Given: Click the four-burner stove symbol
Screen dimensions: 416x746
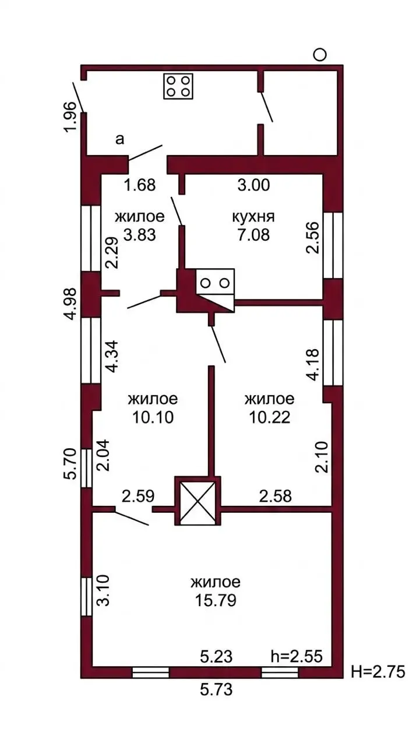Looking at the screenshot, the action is (178, 86).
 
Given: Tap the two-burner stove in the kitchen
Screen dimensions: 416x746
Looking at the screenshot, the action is (216, 282).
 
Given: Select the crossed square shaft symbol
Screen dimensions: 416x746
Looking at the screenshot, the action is (198, 501).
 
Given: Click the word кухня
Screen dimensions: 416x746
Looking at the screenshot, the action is (253, 217).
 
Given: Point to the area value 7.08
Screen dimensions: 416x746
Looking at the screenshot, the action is (253, 235).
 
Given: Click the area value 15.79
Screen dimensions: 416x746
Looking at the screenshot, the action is (216, 600).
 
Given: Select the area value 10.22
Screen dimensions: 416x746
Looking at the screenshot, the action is (269, 417).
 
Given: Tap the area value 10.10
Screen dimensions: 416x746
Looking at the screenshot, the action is (153, 417).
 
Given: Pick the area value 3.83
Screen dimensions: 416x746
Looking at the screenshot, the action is (140, 235).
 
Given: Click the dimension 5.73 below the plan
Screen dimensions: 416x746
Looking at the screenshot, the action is (216, 689).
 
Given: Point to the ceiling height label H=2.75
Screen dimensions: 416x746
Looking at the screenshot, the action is (378, 671).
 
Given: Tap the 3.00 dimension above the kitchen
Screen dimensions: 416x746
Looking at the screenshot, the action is (253, 185).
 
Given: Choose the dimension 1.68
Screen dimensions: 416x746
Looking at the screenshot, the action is (140, 185).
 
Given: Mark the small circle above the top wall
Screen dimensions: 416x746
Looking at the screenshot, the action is (320, 54).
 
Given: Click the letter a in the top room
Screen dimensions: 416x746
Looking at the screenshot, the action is (119, 139).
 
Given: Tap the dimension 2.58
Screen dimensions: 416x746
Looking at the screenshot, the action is (275, 496).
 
